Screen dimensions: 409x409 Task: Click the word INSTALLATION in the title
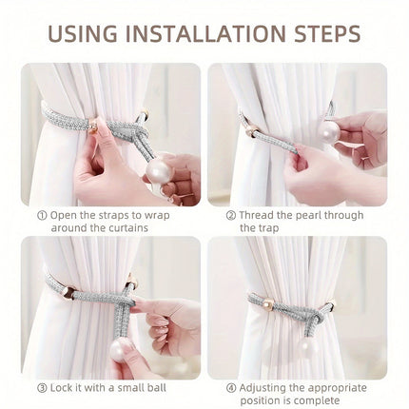(x=205, y=33)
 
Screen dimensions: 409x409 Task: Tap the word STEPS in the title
(x=327, y=33)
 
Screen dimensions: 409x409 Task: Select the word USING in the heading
(x=83, y=33)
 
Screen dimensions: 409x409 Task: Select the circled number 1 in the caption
(x=42, y=216)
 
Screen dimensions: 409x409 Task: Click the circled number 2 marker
(x=231, y=216)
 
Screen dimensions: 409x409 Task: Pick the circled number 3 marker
(x=42, y=388)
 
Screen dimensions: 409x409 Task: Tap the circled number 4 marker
(x=231, y=388)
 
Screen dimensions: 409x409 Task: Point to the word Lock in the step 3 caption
(x=62, y=388)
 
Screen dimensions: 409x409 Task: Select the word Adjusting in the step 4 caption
(x=264, y=388)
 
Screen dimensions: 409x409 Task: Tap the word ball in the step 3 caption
(x=157, y=388)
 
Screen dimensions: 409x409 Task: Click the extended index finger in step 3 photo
(x=148, y=307)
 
